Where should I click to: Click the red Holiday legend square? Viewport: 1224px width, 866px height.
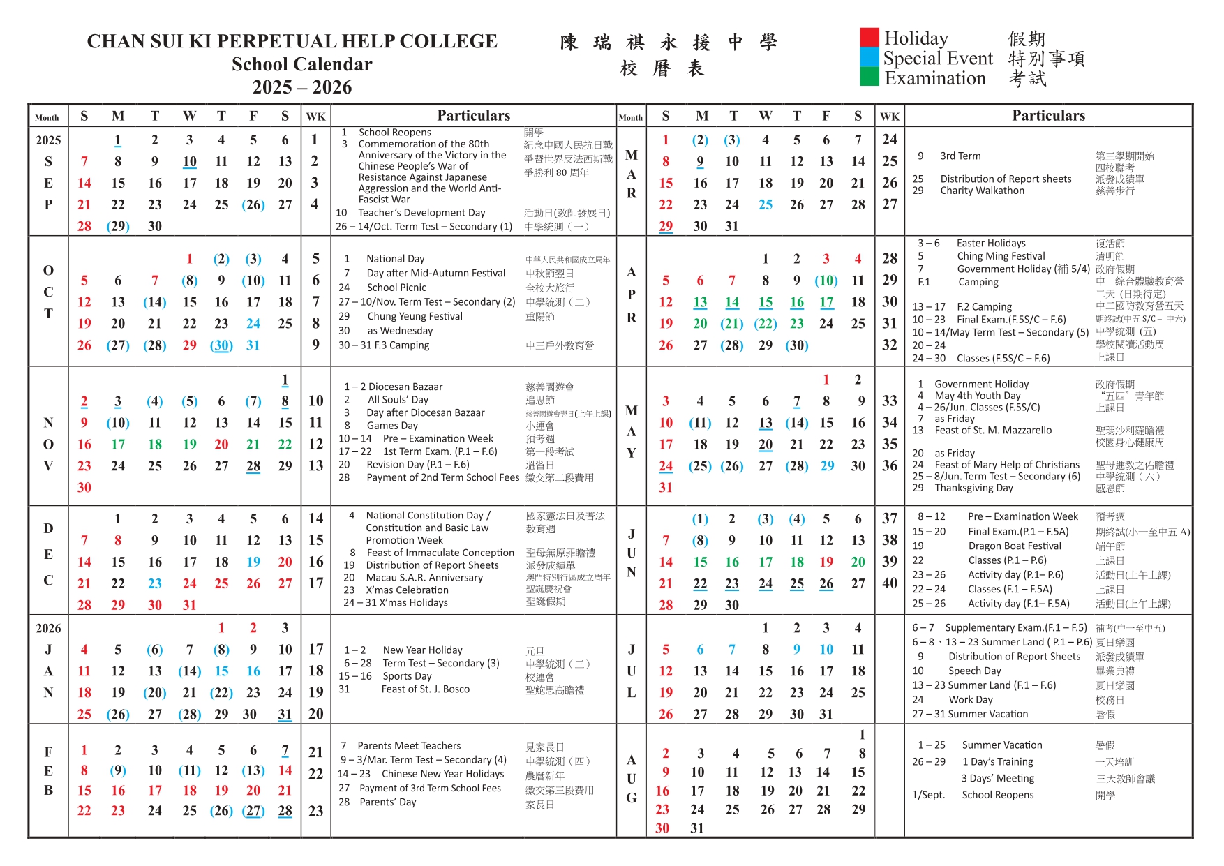(869, 37)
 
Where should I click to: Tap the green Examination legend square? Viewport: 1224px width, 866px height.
(869, 77)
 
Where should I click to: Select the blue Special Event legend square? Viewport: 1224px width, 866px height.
(869, 57)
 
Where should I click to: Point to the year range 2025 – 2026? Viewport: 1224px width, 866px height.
(301, 87)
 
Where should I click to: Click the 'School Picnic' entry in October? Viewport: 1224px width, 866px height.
(396, 288)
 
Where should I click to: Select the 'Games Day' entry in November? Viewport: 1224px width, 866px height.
(392, 426)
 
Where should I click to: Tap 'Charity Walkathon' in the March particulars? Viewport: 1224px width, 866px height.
(982, 191)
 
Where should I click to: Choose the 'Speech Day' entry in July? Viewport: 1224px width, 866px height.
(974, 671)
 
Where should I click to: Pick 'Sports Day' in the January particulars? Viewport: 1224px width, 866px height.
(407, 676)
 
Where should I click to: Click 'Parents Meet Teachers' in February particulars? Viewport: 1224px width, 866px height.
(409, 746)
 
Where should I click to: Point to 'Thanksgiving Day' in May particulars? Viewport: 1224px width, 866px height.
(973, 488)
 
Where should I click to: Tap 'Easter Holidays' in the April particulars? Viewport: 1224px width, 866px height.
(991, 244)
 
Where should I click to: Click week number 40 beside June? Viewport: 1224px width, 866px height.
(889, 583)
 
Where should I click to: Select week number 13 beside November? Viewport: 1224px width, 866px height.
(315, 465)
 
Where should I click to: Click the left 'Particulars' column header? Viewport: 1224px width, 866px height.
(473, 116)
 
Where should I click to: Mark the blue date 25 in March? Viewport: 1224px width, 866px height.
(766, 204)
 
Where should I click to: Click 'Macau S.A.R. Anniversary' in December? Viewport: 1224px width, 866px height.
(424, 578)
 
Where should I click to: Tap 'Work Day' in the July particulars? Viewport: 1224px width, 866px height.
(970, 699)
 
